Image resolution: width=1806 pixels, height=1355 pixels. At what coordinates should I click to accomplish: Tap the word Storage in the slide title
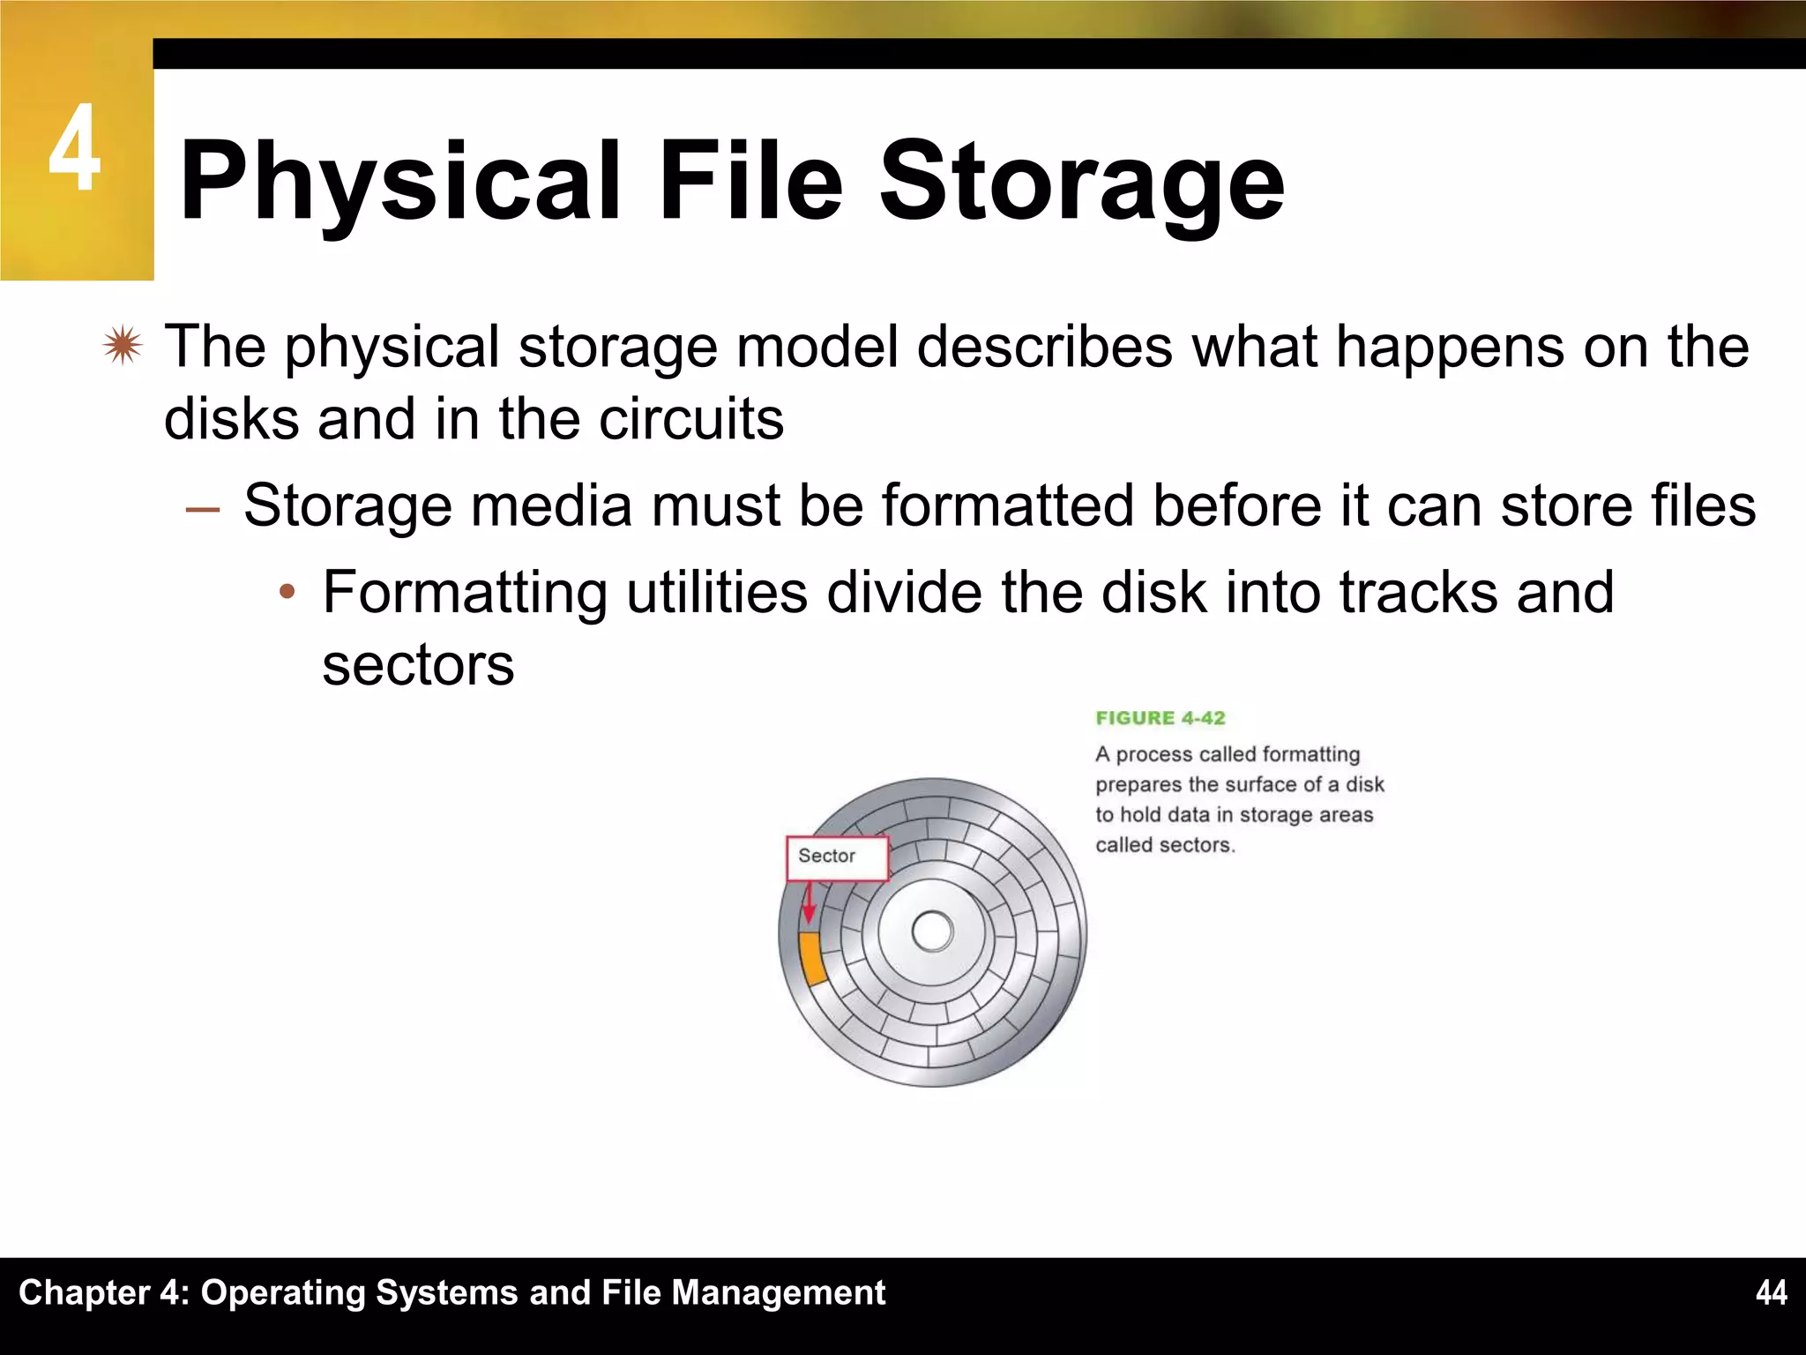[x=1082, y=182]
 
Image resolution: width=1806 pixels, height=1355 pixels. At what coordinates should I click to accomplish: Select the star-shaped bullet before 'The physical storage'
[x=122, y=346]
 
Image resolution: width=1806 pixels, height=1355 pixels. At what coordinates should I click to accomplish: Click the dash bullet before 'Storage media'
[x=203, y=509]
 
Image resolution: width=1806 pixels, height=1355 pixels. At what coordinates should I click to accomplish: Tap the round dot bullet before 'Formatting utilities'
[x=286, y=594]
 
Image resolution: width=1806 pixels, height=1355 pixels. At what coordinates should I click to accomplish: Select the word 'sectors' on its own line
[x=418, y=664]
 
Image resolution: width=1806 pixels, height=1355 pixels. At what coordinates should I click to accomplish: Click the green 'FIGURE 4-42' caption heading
[x=1160, y=718]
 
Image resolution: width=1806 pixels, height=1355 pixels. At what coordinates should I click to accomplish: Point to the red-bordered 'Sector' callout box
[x=837, y=857]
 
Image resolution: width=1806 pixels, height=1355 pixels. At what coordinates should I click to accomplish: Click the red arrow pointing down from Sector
[x=808, y=904]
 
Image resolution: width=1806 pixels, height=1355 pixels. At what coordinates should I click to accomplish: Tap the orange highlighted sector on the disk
[x=811, y=958]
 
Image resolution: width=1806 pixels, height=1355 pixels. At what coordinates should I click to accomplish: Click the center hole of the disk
[x=932, y=932]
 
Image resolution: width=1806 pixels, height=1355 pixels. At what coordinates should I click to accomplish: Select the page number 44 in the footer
[x=1771, y=1292]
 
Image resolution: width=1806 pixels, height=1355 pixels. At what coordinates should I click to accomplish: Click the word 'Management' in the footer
[x=778, y=1292]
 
